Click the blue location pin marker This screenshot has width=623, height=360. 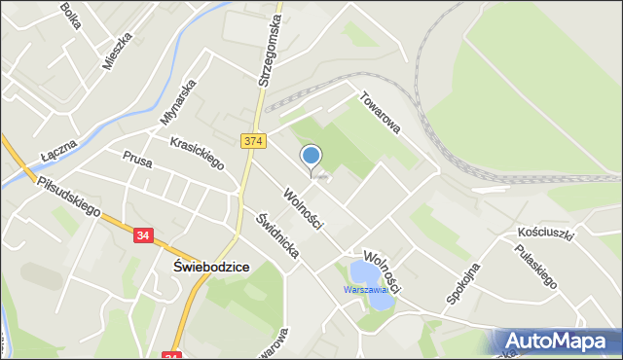(311, 156)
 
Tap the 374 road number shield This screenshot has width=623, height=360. (253, 142)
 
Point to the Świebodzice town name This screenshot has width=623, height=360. (210, 267)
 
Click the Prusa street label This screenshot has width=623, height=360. (137, 160)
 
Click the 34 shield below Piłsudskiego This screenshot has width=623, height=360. (144, 235)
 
